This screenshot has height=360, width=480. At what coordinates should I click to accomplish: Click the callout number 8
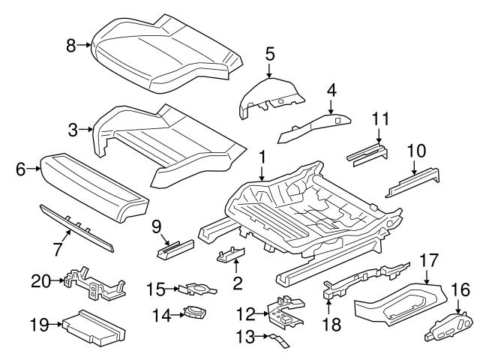coord(71,46)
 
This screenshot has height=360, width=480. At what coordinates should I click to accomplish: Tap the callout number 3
coord(73,130)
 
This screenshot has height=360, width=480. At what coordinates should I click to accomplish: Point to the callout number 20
coord(40,281)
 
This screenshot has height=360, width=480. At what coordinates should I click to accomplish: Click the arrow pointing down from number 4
coord(330,106)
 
